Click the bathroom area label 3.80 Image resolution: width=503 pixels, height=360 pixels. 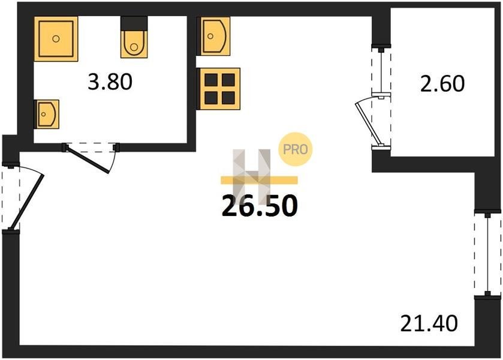110,82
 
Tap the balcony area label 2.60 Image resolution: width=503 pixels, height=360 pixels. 442,83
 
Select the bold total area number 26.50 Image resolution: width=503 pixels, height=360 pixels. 260,206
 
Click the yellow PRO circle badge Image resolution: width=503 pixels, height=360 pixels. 295,149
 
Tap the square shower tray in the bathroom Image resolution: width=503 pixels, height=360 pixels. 56,38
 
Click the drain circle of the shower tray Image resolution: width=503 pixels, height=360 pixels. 56,38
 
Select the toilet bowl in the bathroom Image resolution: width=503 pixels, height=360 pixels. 134,44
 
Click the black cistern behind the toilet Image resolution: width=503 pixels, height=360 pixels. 134,23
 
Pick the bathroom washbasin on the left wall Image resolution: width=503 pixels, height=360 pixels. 47,114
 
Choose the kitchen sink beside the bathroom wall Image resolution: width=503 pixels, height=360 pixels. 214,36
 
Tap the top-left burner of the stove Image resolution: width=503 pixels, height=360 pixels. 211,80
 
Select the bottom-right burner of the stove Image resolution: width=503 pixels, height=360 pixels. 228,98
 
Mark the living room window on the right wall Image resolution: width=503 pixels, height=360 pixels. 487,254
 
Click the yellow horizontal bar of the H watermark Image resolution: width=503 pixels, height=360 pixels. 259,180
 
